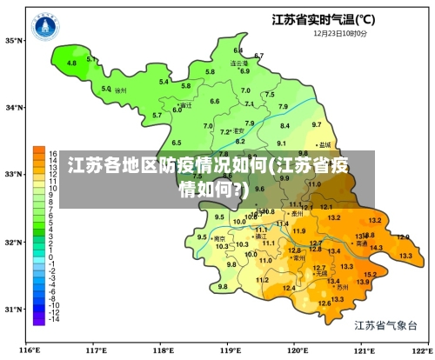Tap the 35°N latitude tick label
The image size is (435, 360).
pyautogui.click(x=13, y=40)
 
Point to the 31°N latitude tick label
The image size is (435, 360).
pyautogui.click(x=13, y=309)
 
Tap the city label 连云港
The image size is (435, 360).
pyautogui.click(x=239, y=63)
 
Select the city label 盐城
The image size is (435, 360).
pyautogui.click(x=325, y=144)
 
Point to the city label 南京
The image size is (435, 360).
pyautogui.click(x=221, y=238)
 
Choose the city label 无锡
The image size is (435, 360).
pyautogui.click(x=321, y=273)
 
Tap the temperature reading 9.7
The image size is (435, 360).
pyautogui.click(x=316, y=124)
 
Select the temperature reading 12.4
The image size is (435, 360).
pyautogui.click(x=289, y=288)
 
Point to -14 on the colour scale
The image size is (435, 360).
pyautogui.click(x=53, y=320)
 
